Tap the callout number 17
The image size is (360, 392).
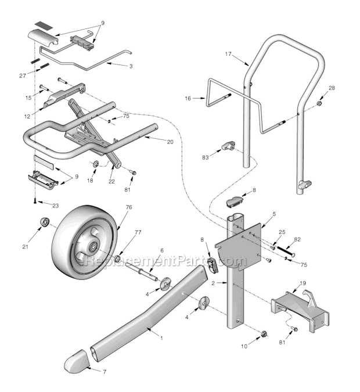pos(228,54)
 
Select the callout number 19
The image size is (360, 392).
pos(303,284)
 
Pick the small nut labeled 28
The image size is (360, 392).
pos(319,103)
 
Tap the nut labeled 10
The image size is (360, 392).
pos(262,334)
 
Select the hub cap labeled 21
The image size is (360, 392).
pos(44,222)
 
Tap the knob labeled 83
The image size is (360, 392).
pos(227,145)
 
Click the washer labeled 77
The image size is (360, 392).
pos(118,257)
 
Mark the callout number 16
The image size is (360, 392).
pos(188,99)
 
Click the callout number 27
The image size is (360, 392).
pos(23,75)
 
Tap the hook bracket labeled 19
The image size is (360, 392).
pos(302,308)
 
